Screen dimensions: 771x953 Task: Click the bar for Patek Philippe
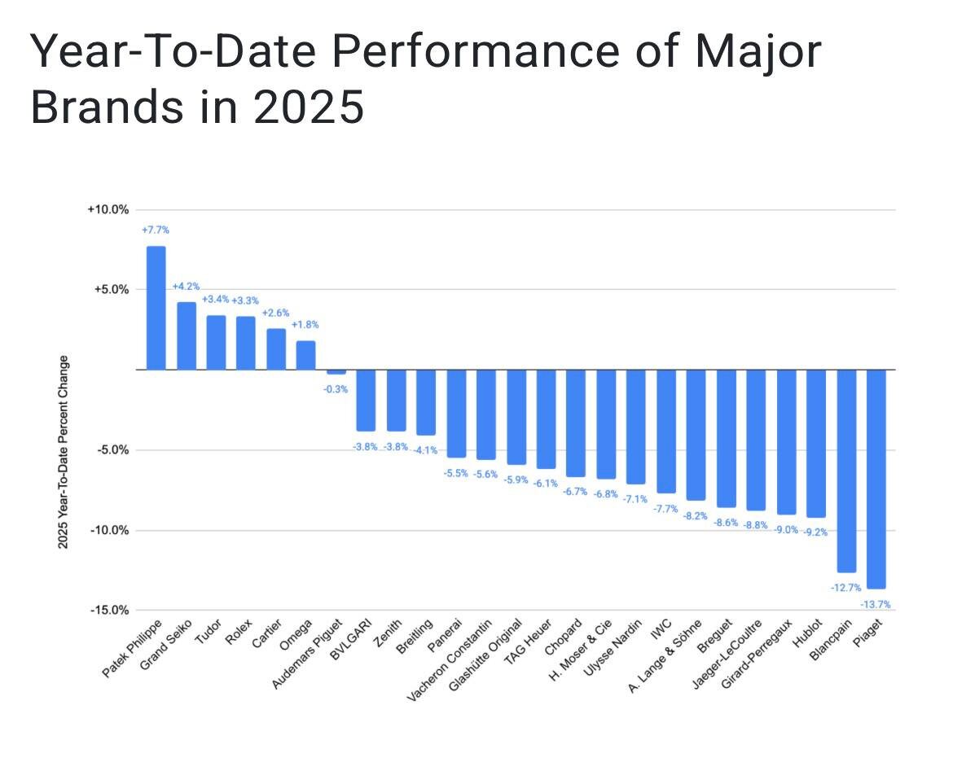[156, 308]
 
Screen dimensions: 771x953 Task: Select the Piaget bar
[876, 479]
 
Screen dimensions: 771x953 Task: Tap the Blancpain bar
[846, 471]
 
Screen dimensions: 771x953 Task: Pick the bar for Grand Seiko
[187, 335]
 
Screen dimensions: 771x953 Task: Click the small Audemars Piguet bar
[336, 372]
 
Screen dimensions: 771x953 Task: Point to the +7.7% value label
[155, 230]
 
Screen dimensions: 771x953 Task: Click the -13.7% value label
[875, 604]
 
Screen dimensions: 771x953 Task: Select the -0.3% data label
[335, 389]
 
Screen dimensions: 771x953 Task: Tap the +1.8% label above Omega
[305, 325]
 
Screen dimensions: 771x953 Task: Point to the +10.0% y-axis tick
[108, 209]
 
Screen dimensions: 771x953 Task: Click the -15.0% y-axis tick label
[108, 610]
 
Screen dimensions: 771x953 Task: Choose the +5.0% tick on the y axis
[110, 289]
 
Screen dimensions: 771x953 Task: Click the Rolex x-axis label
[239, 633]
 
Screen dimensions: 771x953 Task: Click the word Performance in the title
[459, 53]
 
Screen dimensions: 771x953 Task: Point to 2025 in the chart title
[309, 107]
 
